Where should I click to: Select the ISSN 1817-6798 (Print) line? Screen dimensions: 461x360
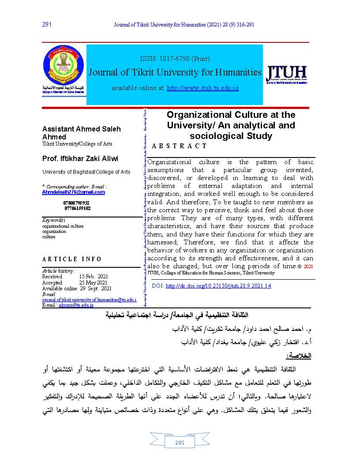175,58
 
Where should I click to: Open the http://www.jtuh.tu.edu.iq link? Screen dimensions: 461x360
202,88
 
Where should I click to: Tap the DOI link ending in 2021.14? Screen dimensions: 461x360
218,286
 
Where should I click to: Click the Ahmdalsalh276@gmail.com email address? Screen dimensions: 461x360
73,192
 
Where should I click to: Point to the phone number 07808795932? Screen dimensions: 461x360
76,203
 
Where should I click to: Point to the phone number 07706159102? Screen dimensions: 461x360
77,208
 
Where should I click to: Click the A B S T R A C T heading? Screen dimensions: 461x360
179,146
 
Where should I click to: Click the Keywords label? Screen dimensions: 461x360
53,220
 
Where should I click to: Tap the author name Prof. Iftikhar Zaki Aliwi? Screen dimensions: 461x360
80,158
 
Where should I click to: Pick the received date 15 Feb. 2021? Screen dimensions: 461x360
94,277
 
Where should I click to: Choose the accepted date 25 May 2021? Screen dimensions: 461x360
93,282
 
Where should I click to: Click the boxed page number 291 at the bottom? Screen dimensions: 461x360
180,443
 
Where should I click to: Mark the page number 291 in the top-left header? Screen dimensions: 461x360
47,24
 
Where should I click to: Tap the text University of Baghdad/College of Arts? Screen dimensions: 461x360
86,172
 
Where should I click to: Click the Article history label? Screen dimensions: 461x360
58,270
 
